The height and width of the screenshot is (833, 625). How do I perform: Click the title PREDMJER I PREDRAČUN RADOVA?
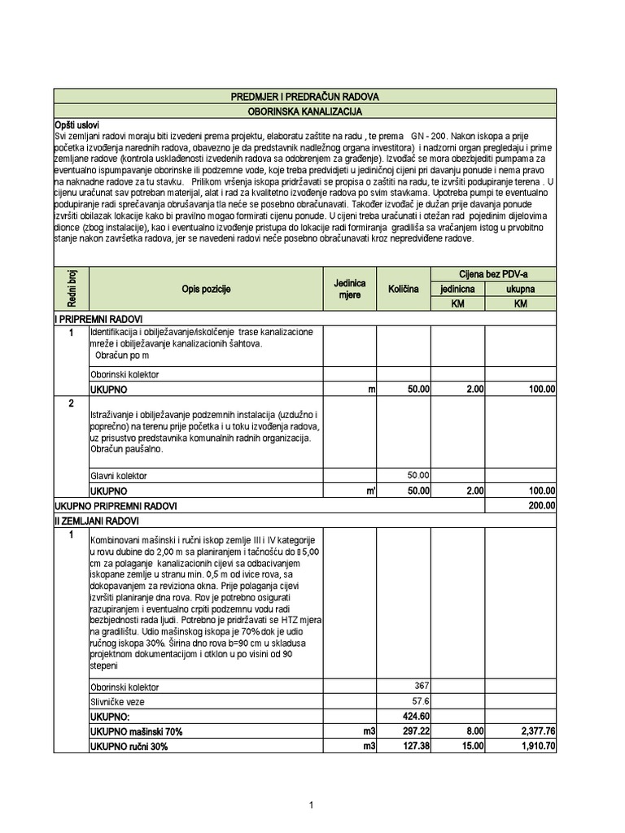coord(304,97)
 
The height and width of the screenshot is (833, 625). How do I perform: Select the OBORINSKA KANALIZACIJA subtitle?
coord(304,111)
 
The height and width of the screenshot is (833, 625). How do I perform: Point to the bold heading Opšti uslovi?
coord(76,124)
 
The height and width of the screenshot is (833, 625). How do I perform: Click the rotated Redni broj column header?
coord(70,289)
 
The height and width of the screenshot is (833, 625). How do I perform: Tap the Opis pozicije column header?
coord(206,290)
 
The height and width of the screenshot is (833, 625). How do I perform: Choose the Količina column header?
coord(403,290)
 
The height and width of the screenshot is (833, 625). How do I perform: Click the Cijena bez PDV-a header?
coord(493,275)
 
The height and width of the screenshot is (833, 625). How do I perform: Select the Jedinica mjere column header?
coord(349,290)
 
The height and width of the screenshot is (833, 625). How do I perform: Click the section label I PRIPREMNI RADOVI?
coord(98,318)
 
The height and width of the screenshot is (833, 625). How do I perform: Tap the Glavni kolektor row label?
coord(119,476)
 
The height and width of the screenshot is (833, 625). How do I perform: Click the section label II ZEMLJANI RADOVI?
coord(97,521)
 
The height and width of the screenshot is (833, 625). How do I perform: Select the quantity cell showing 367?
coord(421,685)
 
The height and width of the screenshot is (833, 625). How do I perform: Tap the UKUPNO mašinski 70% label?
coord(136,731)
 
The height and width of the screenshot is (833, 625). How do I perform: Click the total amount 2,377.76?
coord(535,731)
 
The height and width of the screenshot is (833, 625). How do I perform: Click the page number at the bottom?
coord(311,805)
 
